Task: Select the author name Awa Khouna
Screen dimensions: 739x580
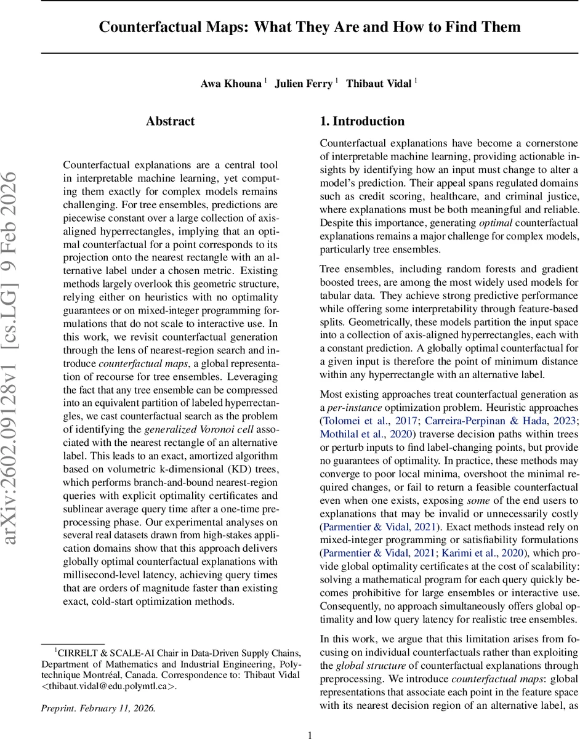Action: point(231,84)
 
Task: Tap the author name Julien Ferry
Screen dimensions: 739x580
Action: point(303,84)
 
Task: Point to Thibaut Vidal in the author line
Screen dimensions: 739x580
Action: point(378,84)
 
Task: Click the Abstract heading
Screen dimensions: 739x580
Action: point(171,121)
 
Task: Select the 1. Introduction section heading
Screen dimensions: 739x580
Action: point(362,121)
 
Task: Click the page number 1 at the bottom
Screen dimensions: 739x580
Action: point(310,735)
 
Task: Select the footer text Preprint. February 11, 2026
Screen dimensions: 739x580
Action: point(99,708)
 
